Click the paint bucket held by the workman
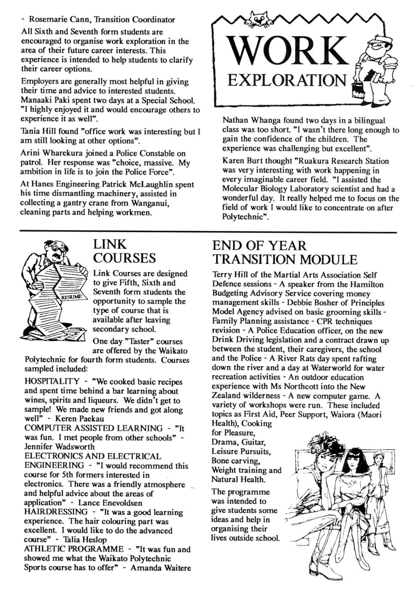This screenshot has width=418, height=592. (357, 89)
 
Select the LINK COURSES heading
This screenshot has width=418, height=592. (124, 251)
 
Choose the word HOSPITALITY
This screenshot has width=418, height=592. (52, 382)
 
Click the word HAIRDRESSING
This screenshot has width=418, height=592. (56, 512)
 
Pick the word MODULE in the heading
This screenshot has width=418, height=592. (329, 260)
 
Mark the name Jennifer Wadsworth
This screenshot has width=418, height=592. (59, 447)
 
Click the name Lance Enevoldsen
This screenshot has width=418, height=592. (110, 503)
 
